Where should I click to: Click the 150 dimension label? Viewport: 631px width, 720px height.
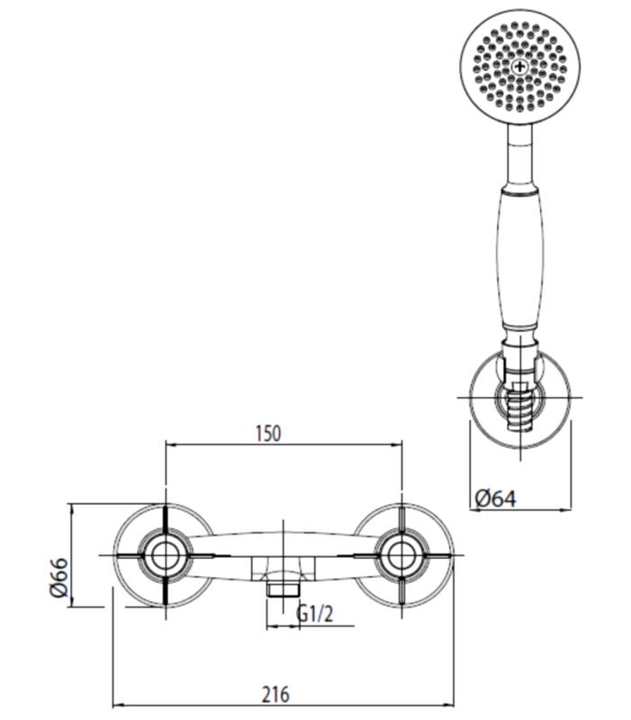point(267,432)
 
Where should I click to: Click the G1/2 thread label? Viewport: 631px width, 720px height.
point(316,615)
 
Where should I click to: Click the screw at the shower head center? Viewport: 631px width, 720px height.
point(520,67)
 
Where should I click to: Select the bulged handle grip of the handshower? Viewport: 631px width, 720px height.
point(520,261)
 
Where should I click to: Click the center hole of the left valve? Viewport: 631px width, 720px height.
point(165,555)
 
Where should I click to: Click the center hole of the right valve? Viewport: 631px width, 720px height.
point(399,555)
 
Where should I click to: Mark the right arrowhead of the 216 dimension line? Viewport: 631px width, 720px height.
point(446,706)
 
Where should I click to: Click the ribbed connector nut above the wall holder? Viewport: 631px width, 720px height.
point(519,340)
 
